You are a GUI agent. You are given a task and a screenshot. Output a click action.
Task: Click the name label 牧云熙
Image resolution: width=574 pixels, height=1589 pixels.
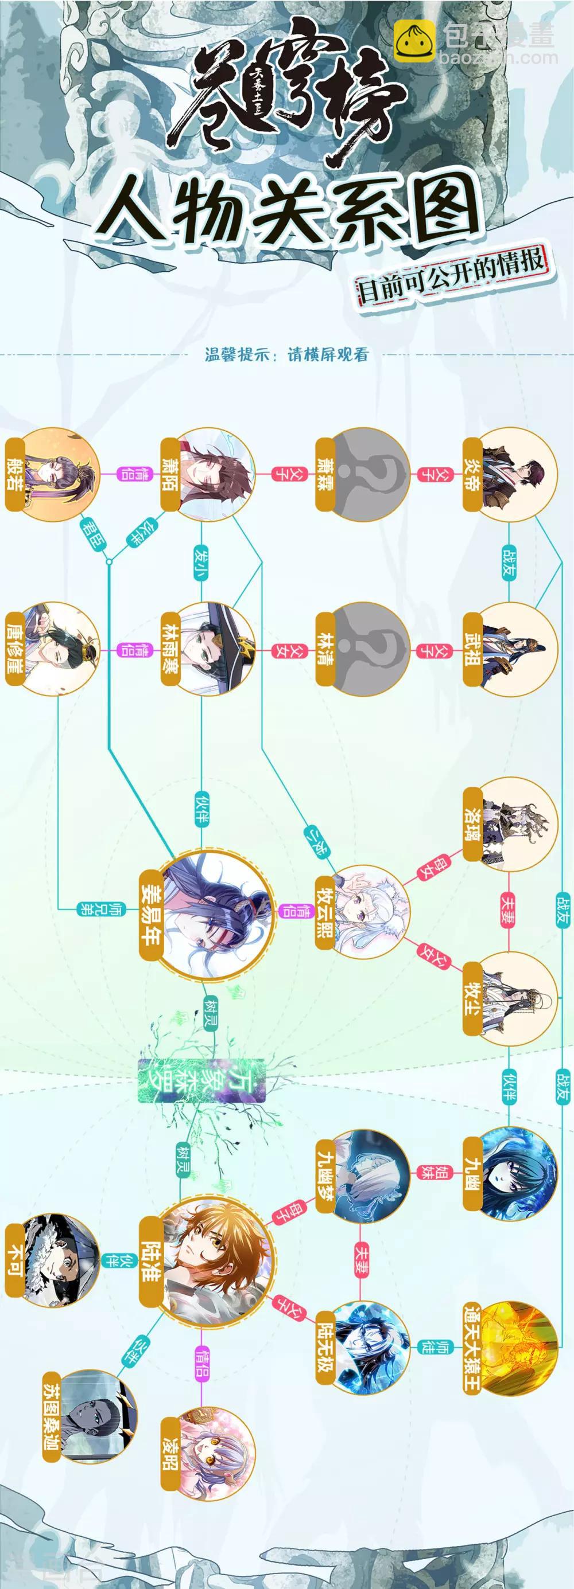(x=325, y=911)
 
